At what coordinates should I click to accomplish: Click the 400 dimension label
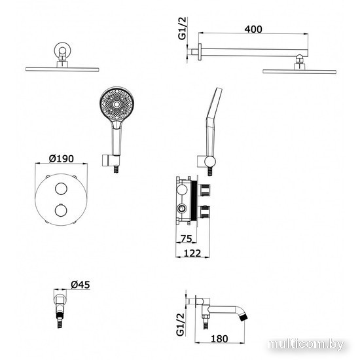pyautogui.click(x=253, y=29)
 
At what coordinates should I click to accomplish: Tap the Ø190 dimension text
pyautogui.click(x=62, y=158)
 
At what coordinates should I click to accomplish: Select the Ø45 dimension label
pyautogui.click(x=81, y=285)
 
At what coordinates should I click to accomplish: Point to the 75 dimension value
pyautogui.click(x=186, y=239)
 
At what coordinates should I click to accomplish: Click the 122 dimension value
pyautogui.click(x=192, y=253)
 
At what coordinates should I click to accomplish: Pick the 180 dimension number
pyautogui.click(x=219, y=339)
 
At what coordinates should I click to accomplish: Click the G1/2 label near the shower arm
pyautogui.click(x=183, y=28)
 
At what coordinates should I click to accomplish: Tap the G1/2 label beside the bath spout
pyautogui.click(x=181, y=324)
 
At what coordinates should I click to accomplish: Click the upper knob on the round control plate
pyautogui.click(x=61, y=189)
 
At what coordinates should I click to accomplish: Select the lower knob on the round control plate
pyautogui.click(x=61, y=211)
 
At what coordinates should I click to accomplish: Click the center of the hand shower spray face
pyautogui.click(x=117, y=105)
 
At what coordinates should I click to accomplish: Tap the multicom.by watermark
pyautogui.click(x=306, y=344)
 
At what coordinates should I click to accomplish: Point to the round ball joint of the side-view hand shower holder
pyautogui.click(x=210, y=161)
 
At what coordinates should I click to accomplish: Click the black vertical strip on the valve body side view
pyautogui.click(x=194, y=200)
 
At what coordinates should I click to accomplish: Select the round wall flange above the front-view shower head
pyautogui.click(x=62, y=50)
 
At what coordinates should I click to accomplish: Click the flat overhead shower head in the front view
pyautogui.click(x=62, y=69)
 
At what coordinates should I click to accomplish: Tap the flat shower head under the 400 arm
pyautogui.click(x=299, y=71)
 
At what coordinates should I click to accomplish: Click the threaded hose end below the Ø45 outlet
pyautogui.click(x=60, y=319)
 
